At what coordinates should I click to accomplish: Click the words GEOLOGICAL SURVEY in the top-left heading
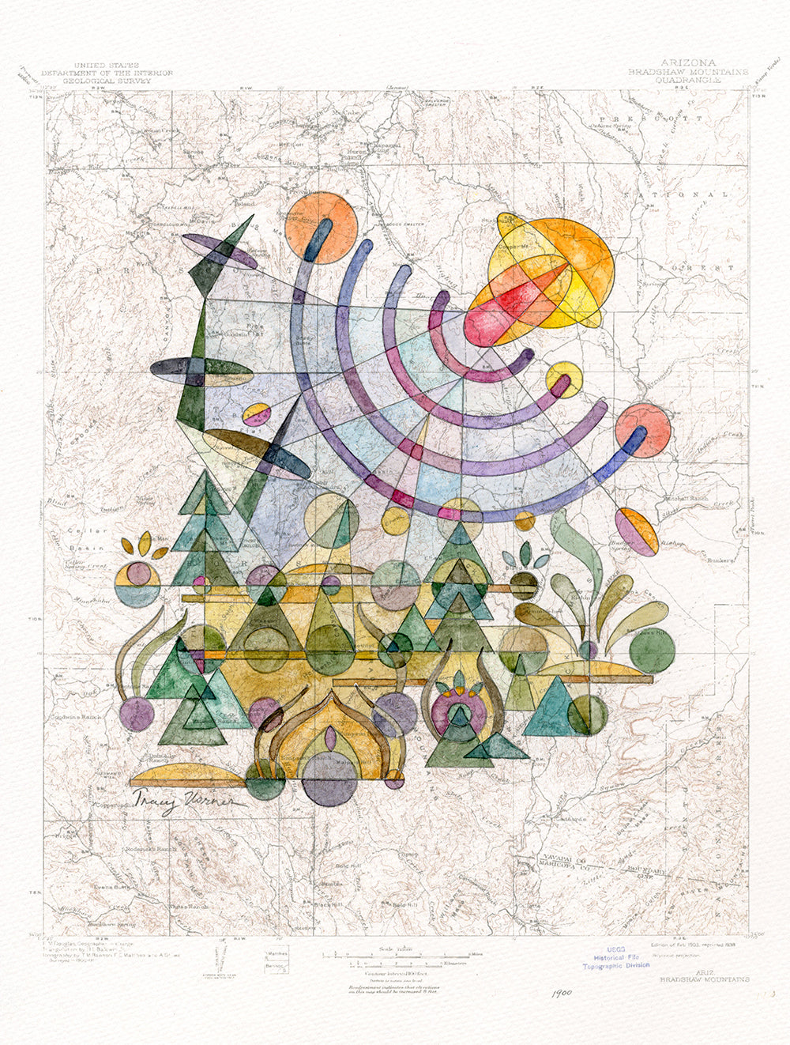[123, 80]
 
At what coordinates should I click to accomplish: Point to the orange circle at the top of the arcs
[322, 228]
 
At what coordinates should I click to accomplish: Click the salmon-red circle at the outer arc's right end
[643, 430]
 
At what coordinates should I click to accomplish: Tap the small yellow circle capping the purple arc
[564, 379]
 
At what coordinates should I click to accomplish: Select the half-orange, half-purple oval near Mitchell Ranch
[637, 532]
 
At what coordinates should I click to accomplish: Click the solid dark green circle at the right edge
[653, 649]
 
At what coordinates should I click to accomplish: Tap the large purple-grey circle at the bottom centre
[328, 779]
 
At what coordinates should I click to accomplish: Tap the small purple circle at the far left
[137, 714]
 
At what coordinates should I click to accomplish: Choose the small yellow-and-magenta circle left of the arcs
[258, 414]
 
